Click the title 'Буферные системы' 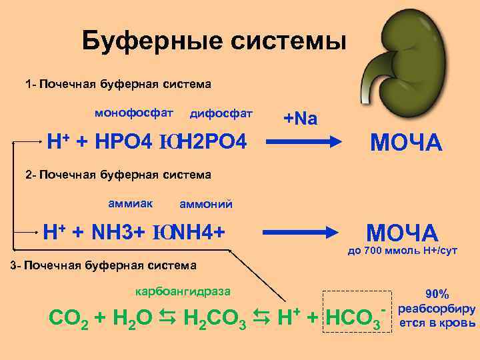tap(214, 42)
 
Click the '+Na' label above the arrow tap(301, 119)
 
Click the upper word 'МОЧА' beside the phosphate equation tap(406, 142)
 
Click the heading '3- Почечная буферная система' tap(105, 265)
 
